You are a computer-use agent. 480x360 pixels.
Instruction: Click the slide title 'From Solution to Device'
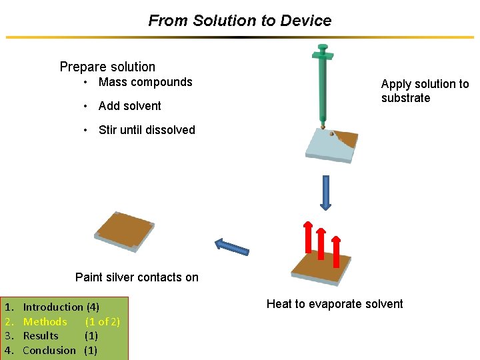[x=239, y=21]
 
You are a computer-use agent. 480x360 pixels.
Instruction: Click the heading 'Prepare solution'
[x=107, y=67]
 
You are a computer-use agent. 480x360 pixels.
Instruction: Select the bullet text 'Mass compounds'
[x=145, y=82]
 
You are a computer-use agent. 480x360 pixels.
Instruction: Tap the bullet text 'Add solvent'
[x=130, y=106]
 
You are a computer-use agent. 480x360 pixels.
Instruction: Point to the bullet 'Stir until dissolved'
[x=147, y=130]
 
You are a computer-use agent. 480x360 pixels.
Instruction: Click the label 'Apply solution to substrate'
[x=425, y=91]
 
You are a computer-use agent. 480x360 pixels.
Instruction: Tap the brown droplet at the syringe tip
[x=323, y=126]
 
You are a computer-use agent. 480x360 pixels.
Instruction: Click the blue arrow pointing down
[x=326, y=193]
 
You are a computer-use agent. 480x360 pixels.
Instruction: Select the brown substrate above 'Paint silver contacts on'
[x=125, y=232]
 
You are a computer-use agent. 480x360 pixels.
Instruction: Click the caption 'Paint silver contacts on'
[x=137, y=277]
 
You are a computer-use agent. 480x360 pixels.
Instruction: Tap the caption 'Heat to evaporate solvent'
[x=335, y=304]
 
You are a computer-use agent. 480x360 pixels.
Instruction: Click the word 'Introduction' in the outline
[x=53, y=307]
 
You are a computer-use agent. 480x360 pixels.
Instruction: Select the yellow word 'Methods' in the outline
[x=45, y=322]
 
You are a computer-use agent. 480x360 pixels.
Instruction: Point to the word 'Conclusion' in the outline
[x=49, y=350]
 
